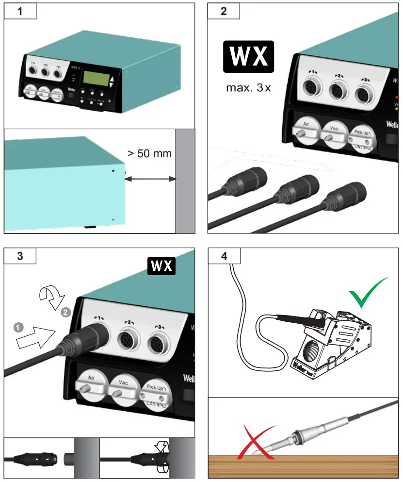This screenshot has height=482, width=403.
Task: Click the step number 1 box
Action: (x=20, y=12)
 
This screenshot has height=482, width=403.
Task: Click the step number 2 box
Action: (x=224, y=12)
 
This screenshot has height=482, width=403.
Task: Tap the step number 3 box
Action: (x=20, y=256)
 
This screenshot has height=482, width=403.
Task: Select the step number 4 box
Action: (x=224, y=256)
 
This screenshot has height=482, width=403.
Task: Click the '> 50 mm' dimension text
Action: (x=149, y=154)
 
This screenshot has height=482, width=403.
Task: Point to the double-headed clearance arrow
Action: (x=150, y=179)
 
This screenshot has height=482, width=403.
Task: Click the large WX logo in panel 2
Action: (x=248, y=57)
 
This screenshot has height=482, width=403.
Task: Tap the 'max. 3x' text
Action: (x=248, y=88)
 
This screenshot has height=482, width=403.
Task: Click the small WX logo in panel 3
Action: (x=162, y=266)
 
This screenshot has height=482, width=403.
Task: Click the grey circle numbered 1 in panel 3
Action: (x=18, y=328)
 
